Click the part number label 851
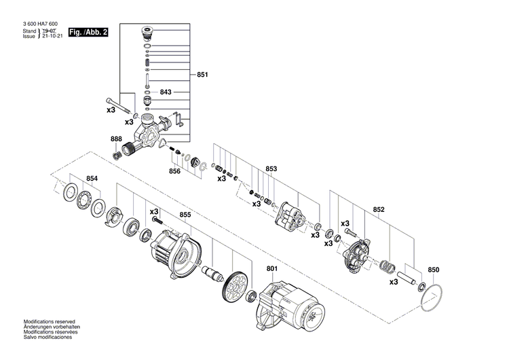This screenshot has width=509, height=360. point(204,75)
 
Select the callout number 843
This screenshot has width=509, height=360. point(166,92)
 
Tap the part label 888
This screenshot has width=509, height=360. point(116,139)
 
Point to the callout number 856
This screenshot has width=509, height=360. point(174,171)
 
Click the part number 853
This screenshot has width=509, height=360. point(271,169)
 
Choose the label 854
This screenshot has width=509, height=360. point(92,179)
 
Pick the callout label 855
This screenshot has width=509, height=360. point(185,215)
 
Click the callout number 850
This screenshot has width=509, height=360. point(434,270)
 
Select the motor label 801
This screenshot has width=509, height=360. point(272,270)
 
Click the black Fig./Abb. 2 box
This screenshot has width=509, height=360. point(88,32)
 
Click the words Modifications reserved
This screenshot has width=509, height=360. point(50,321)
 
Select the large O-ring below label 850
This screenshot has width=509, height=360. point(432,298)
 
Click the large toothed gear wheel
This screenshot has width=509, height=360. point(234,287)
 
